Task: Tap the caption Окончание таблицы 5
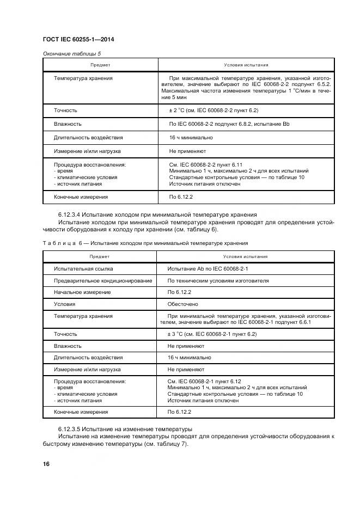[71, 54]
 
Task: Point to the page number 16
[46, 464]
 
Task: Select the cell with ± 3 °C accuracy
[211, 334]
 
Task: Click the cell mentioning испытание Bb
[229, 124]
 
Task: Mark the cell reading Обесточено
[182, 304]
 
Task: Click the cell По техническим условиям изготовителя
[218, 281]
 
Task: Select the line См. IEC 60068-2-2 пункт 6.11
[205, 164]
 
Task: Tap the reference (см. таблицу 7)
[163, 443]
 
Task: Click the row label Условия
[64, 304]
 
